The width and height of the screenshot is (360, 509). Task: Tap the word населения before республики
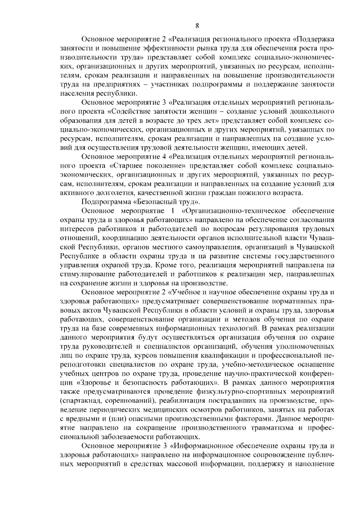point(76,93)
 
